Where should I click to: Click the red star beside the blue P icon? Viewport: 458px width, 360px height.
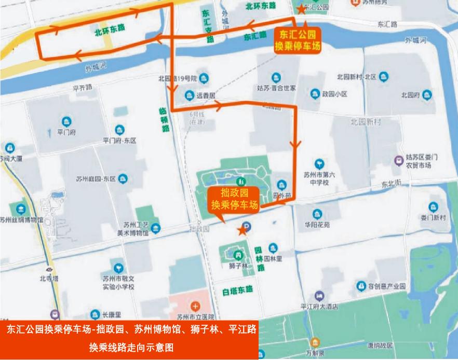241,231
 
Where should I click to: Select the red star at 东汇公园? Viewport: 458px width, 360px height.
301,8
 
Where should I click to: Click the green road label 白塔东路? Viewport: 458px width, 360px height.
237,288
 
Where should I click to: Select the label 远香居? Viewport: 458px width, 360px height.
205,96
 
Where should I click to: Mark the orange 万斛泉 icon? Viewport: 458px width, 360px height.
315,342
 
